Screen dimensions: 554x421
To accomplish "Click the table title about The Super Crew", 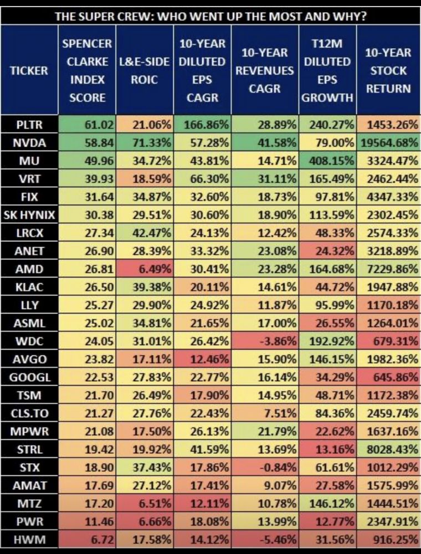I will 210,16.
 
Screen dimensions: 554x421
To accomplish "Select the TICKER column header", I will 28,70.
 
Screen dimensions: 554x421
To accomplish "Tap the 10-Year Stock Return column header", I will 388,70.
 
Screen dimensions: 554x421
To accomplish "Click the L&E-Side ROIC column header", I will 144,70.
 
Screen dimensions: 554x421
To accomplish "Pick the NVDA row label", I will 28,142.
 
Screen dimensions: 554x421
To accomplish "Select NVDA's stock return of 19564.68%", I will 388,142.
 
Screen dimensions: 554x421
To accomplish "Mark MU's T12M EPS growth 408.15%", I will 328,160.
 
